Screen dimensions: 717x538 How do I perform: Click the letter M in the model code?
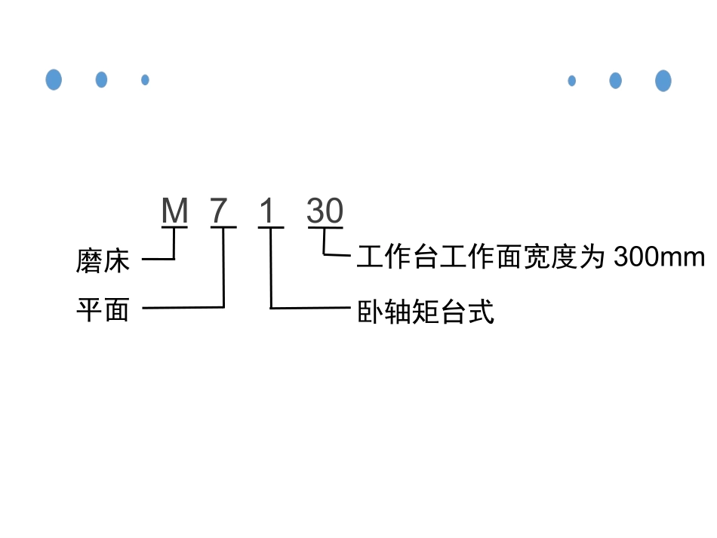tap(175, 212)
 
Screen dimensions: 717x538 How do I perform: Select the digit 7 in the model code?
tap(220, 212)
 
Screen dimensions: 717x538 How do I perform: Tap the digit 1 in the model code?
tap(267, 212)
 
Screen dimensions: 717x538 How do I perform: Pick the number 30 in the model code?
tap(325, 212)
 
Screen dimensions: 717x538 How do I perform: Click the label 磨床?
tap(103, 261)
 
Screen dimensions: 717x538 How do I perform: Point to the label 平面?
tap(103, 309)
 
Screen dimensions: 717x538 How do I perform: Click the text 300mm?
tap(659, 257)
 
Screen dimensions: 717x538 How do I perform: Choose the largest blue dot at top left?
tap(54, 79)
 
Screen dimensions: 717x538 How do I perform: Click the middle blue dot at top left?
tap(101, 79)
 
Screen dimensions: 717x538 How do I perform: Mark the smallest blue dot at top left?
tap(145, 79)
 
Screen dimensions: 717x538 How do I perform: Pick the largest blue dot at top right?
tap(663, 80)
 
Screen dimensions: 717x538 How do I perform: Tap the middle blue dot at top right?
tap(615, 80)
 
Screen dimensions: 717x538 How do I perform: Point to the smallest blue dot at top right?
tap(571, 80)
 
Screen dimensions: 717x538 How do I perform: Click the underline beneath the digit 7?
tap(223, 226)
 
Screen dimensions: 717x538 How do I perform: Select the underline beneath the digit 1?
tap(271, 226)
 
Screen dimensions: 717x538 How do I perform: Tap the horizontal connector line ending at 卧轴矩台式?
tap(309, 308)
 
